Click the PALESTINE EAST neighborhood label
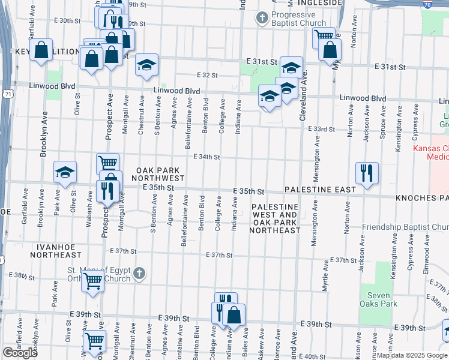(321, 190)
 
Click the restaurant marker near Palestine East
(366, 173)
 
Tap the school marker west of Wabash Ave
(65, 172)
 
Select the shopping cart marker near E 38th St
(92, 280)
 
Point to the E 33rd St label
(321, 129)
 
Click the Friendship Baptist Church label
(405, 227)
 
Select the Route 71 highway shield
(7, 94)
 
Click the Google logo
(20, 353)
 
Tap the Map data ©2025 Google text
(412, 355)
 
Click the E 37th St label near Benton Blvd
(218, 255)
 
